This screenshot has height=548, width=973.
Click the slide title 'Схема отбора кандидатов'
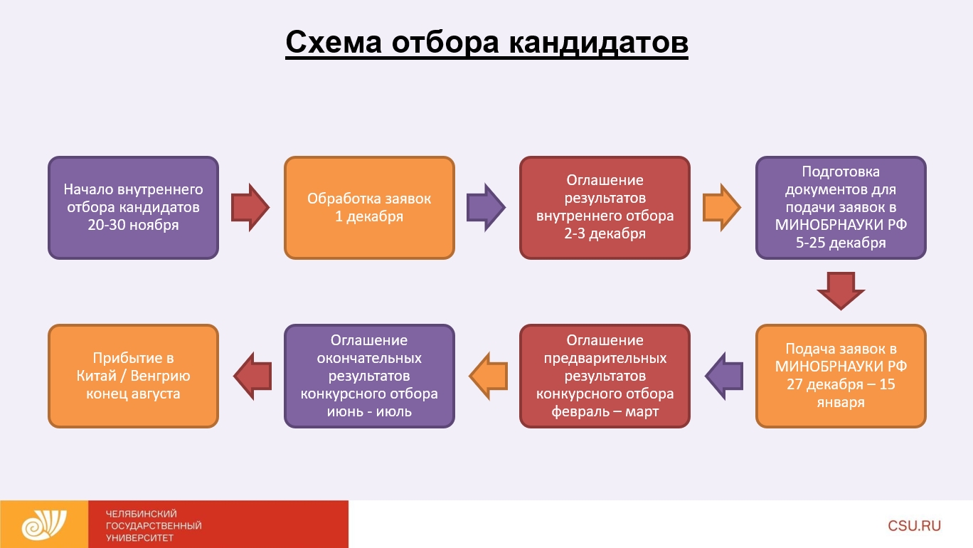coord(486,43)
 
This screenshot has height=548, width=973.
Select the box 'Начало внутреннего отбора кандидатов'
coord(133,207)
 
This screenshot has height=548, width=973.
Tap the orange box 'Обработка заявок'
coord(369,207)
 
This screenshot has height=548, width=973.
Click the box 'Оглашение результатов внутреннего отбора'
coord(605,207)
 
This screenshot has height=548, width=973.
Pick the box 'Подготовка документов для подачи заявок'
coord(841,207)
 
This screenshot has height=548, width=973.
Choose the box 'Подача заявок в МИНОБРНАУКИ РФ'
coord(841,375)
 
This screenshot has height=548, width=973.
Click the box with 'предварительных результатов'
coord(605,375)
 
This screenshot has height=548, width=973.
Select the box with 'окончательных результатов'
coord(369,375)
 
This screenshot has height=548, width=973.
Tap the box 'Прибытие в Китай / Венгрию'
coord(133,375)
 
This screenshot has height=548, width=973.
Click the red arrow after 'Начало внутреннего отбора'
coord(251,207)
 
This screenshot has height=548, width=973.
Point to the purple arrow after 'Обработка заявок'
coord(486,207)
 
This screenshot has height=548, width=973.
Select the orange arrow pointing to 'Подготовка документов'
coord(722,207)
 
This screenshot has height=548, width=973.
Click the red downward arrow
coord(841,290)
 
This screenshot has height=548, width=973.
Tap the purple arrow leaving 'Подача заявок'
coord(723,375)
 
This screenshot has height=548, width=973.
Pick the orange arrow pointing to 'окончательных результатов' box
coord(486,375)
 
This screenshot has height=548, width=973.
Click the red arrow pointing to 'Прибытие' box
coord(252,375)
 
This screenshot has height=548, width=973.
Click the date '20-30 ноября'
coord(134,226)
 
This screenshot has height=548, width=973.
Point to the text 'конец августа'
coord(133,394)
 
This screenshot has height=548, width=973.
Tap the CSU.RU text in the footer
coord(914,526)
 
